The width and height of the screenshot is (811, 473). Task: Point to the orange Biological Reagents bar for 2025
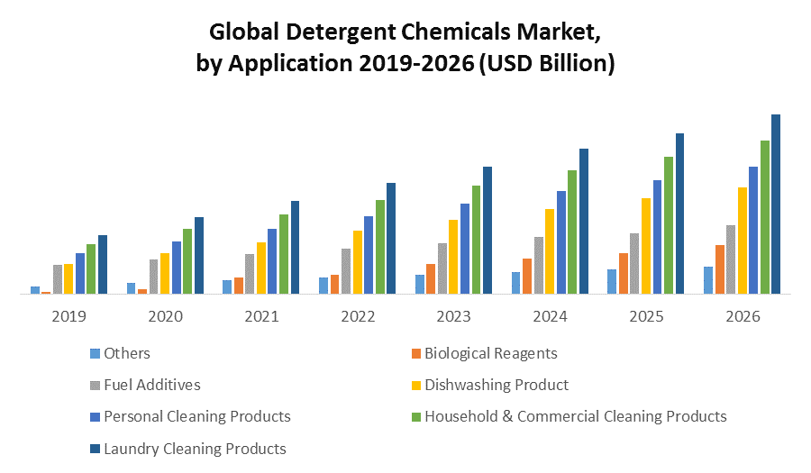click(x=624, y=273)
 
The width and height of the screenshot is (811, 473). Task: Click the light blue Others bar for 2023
click(x=420, y=284)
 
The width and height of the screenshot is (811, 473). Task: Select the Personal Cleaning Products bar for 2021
click(x=272, y=273)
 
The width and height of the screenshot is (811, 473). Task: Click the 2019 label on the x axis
click(x=69, y=317)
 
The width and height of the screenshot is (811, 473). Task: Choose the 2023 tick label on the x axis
click(x=454, y=317)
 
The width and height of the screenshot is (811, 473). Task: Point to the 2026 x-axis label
click(x=743, y=317)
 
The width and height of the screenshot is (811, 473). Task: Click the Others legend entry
click(x=127, y=353)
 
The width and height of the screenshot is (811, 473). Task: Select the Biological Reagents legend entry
click(x=490, y=353)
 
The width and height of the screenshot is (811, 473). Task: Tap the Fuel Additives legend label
click(x=151, y=385)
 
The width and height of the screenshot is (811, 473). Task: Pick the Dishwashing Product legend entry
click(x=496, y=385)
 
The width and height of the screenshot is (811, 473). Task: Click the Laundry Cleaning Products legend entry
click(x=195, y=448)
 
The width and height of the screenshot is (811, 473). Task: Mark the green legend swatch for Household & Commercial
click(x=415, y=417)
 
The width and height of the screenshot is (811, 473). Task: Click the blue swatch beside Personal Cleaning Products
click(x=95, y=417)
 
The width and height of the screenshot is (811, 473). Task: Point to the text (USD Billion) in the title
click(x=548, y=64)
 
